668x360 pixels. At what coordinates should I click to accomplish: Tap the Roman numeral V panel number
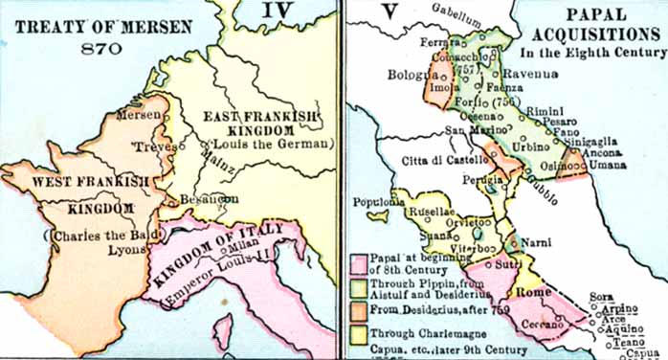tap(360, 14)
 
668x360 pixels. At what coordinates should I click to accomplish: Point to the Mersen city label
tap(135, 114)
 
